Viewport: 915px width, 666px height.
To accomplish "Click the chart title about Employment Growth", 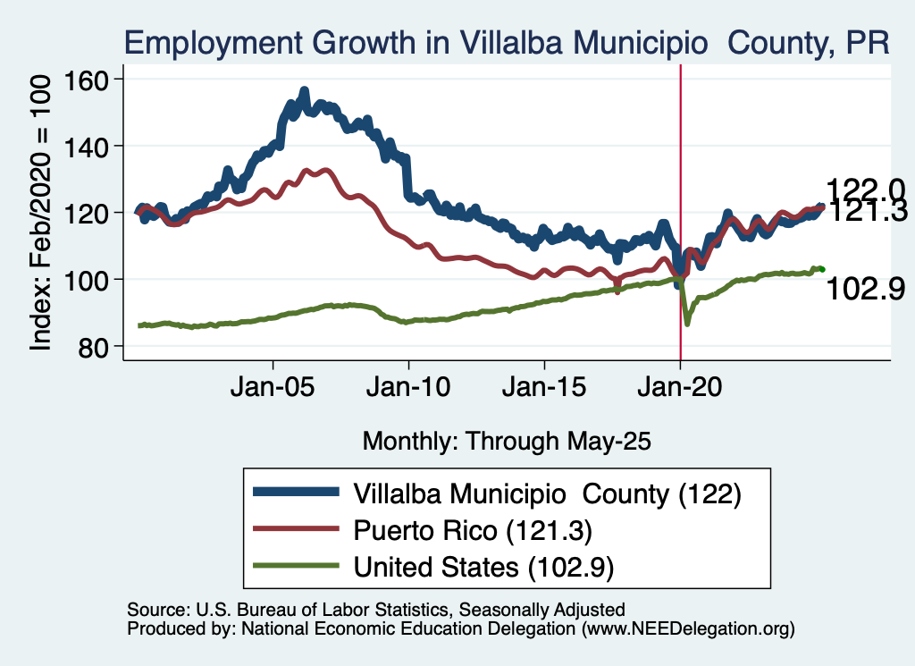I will (506, 43).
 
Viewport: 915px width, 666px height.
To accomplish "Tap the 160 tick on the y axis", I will (85, 80).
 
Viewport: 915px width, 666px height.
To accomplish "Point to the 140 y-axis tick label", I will (85, 146).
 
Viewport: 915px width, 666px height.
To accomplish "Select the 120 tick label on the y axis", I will (85, 213).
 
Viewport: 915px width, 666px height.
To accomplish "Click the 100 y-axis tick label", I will (85, 280).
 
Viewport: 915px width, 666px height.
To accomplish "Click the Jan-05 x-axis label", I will (273, 389).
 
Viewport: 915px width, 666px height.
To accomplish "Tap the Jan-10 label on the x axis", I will (409, 389).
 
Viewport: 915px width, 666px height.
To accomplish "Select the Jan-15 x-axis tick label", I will (545, 389).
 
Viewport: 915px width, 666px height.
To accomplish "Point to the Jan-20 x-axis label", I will (681, 389).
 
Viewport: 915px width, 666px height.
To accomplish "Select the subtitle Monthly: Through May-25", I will (506, 441).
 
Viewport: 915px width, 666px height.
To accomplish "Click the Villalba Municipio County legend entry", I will (547, 493).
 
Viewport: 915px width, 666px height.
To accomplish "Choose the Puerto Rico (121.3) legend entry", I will (473, 529).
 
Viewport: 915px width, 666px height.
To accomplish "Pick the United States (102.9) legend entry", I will (486, 566).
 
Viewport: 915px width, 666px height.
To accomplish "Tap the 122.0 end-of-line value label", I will (866, 190).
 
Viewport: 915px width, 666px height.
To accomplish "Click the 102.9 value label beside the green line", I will (866, 289).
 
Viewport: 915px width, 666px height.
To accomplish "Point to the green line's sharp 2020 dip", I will (686, 323).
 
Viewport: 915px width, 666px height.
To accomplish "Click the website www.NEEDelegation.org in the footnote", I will (687, 629).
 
